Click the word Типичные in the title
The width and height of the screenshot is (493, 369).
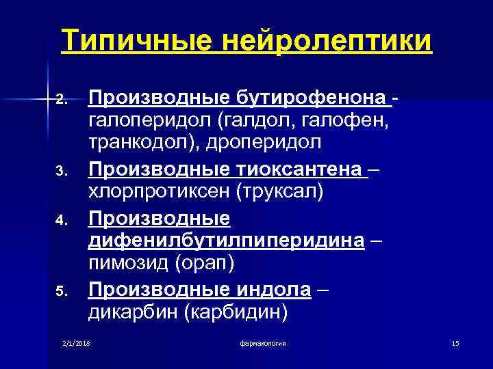pyautogui.click(x=140, y=41)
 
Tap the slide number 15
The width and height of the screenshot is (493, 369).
pyautogui.click(x=455, y=342)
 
